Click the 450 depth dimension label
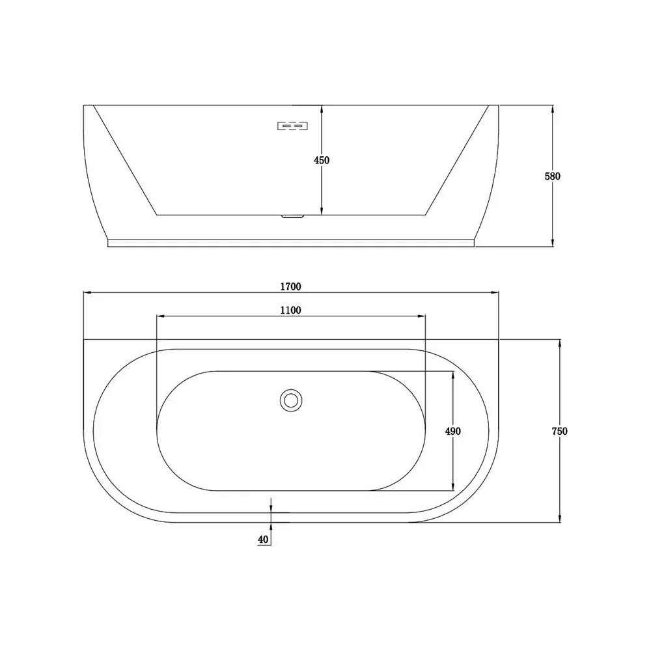(322, 160)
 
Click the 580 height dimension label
(552, 176)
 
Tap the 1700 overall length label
(290, 286)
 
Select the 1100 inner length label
(290, 310)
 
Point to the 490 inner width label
(452, 432)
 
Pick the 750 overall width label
(560, 432)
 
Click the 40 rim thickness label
(263, 539)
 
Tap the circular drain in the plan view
(290, 400)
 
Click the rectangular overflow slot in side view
(292, 126)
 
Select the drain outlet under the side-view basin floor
(293, 216)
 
